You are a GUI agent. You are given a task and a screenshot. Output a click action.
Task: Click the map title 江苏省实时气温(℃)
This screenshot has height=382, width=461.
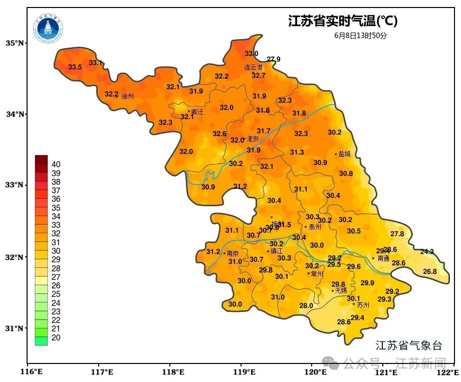[343, 21]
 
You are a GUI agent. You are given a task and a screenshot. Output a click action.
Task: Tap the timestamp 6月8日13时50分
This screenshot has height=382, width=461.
[361, 36]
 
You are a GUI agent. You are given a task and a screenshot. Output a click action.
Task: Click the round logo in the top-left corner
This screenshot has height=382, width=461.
[49, 28]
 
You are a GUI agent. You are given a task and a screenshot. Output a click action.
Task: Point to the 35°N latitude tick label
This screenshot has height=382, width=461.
[15, 43]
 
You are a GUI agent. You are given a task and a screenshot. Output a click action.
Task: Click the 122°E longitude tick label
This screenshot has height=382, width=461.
[448, 372]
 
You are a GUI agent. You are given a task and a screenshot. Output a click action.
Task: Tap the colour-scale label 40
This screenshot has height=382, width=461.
[56, 164]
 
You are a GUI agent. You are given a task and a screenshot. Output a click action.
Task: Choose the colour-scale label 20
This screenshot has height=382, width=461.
[56, 338]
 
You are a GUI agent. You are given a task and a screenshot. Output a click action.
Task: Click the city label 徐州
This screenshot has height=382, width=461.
[128, 96]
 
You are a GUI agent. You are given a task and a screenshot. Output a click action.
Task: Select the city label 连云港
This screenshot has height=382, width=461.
[253, 67]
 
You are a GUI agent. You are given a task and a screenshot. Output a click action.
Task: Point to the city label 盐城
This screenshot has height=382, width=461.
[344, 154]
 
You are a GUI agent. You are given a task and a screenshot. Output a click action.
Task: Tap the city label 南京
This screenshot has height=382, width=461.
[233, 254]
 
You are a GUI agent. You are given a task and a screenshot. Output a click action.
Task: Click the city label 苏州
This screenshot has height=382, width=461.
[363, 304]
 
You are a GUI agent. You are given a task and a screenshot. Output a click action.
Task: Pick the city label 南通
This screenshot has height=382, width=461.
[383, 259]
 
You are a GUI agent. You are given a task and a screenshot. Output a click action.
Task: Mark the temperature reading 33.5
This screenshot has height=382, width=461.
[75, 67]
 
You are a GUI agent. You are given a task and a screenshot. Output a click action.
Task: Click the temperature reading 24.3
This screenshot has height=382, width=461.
[427, 251]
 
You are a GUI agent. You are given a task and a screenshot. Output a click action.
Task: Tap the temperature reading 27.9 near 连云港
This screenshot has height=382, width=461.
[274, 59]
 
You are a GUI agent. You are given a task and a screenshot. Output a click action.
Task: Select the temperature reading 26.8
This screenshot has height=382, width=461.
[430, 271]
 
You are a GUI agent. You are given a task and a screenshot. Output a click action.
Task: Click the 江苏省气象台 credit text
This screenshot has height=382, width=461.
[409, 345]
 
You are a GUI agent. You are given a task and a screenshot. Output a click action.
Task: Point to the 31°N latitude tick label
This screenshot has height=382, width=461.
[15, 328]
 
